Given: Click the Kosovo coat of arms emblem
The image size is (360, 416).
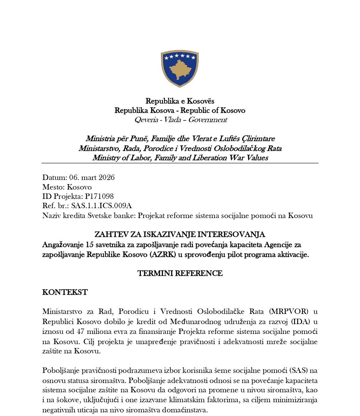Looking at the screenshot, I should pos(180,69).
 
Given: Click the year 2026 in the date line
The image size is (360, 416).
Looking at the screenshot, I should pos(107,177).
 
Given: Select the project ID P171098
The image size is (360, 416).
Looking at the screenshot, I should pos(99,196).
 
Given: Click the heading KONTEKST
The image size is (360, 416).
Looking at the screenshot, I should pos(65,292).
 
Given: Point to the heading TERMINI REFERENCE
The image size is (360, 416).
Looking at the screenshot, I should pos(180,273).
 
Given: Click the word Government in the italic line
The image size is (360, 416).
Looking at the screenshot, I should pos(208,120).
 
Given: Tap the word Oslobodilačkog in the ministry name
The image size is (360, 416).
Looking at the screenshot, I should pos(240,148).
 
